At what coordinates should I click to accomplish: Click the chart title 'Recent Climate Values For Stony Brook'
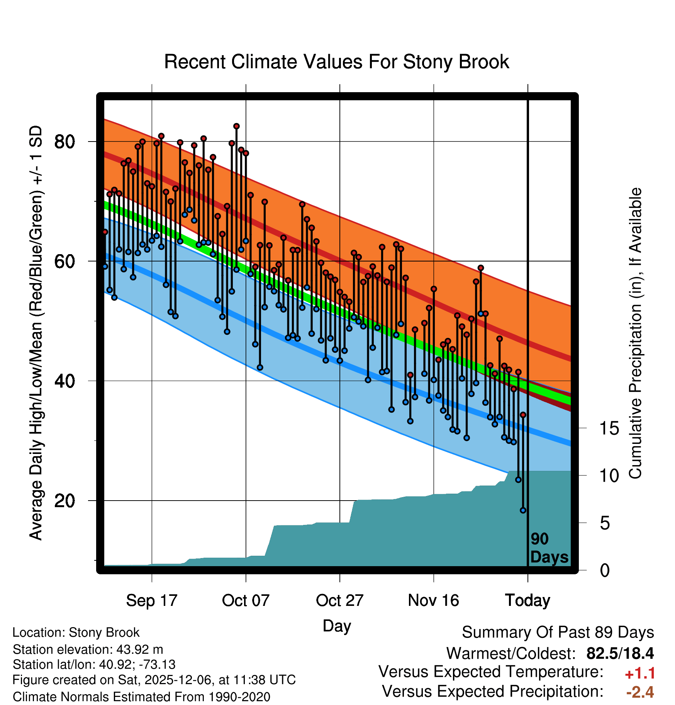pos(336,62)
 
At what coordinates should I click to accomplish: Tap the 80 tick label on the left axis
pos(64,142)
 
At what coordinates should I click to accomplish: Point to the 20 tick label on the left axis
pos(64,501)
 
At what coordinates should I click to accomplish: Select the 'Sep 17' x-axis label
pos(151,600)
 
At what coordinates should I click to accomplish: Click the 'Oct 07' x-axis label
pos(246,600)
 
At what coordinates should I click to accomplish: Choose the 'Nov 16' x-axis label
pos(433,600)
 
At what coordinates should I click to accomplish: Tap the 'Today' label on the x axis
pos(527,600)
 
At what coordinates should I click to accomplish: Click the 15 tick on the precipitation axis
pos(609,428)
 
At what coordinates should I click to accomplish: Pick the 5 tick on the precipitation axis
pos(605,523)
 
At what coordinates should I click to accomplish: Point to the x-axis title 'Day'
pos(337,626)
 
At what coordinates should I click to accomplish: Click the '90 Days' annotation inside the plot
pos(549,548)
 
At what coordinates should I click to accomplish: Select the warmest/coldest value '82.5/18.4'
pos(620,653)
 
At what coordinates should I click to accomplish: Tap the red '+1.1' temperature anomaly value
pos(640,673)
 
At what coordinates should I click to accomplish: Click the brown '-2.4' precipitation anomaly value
pos(640,692)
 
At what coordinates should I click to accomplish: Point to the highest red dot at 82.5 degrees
pos(236,126)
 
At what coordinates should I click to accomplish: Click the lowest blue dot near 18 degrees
pos(523,510)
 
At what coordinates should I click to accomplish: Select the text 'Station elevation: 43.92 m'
pos(88,649)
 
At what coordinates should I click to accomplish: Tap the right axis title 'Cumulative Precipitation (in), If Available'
pos(635,333)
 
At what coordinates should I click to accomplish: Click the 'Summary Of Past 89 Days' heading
pos(558,632)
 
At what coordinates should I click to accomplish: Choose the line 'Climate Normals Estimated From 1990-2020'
pos(141,697)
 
